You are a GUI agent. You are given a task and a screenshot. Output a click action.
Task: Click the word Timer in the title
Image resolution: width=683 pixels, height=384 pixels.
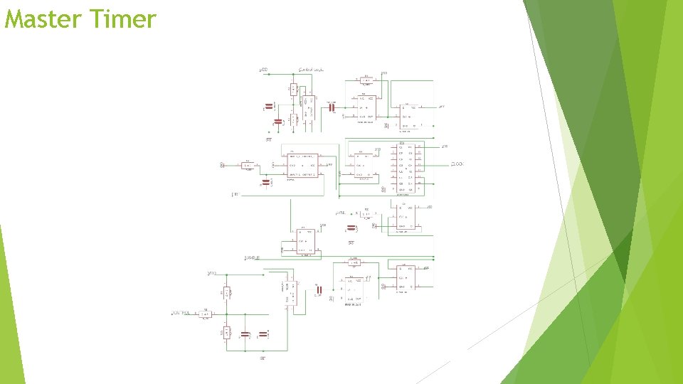click(x=123, y=19)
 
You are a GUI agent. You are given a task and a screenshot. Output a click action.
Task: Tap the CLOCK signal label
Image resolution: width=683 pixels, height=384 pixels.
click(x=457, y=164)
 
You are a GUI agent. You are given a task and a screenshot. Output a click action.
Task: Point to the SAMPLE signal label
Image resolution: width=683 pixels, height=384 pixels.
click(x=252, y=257)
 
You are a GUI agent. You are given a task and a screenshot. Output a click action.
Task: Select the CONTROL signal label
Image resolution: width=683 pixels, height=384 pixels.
click(x=181, y=313)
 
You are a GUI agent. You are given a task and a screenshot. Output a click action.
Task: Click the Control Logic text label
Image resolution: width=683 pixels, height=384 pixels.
click(x=311, y=70)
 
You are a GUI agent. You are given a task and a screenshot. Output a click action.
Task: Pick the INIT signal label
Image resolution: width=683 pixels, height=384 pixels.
click(x=235, y=193)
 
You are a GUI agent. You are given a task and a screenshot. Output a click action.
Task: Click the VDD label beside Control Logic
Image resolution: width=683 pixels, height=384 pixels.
click(x=263, y=70)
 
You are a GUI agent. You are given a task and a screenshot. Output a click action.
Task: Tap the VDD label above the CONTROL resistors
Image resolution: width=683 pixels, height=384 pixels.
click(x=211, y=273)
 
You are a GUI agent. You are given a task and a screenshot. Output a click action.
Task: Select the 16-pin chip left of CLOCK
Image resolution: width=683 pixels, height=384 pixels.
click(x=410, y=168)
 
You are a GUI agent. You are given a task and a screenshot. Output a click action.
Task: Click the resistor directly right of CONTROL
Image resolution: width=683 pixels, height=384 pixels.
click(x=205, y=313)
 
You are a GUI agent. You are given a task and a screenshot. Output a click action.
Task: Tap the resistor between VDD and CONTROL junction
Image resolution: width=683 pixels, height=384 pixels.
click(x=227, y=292)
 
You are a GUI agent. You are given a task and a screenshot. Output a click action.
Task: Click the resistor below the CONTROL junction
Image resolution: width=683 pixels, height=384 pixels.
click(x=227, y=332)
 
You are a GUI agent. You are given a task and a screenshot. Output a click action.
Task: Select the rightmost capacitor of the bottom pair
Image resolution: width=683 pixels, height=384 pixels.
click(x=263, y=334)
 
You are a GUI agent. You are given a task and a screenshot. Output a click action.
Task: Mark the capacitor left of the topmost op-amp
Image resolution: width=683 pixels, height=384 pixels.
click(x=331, y=107)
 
